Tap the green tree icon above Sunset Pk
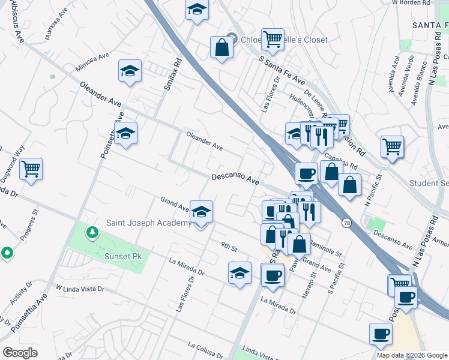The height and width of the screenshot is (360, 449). tap(92, 232)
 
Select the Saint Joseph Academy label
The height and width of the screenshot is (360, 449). tap(149, 223)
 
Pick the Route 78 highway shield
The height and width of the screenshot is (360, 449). tap(347, 223)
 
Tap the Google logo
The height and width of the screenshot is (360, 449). tap(20, 353)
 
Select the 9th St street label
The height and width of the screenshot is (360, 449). tap(229, 246)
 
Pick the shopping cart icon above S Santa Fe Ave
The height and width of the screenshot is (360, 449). tap(272, 40)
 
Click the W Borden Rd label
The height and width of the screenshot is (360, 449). tap(411, 2)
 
